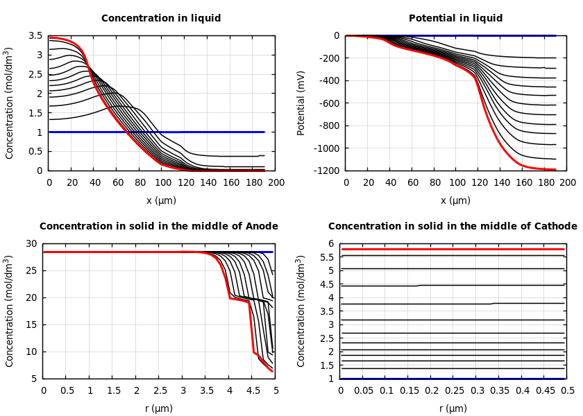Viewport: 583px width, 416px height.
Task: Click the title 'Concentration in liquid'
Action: pos(161,19)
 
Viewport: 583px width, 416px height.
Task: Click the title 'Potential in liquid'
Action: pos(455,19)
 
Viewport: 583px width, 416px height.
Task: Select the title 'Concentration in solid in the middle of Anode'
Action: pos(159,227)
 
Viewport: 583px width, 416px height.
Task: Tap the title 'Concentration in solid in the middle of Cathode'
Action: pos(453,227)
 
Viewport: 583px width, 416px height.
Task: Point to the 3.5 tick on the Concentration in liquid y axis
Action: pos(35,35)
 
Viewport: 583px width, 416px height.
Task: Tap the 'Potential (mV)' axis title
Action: pos(301,103)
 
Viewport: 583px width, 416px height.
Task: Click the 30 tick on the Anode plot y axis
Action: pos(31,243)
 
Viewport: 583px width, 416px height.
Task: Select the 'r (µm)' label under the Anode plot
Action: pos(159,408)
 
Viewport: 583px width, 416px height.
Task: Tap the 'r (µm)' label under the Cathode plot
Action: pos(453,408)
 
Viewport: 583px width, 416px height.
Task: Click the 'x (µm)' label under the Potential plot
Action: pos(455,200)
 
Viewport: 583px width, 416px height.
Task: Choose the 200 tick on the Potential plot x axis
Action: pos(568,183)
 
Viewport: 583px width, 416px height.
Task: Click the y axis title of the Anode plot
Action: pos(10,311)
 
